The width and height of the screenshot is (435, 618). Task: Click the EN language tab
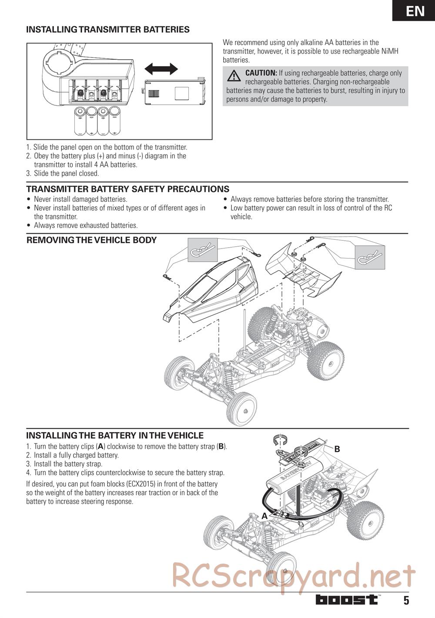[x=415, y=11]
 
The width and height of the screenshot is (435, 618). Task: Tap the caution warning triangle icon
[x=234, y=76]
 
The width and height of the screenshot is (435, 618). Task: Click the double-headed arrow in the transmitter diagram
[x=161, y=69]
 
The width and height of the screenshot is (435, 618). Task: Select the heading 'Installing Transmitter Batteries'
[x=108, y=30]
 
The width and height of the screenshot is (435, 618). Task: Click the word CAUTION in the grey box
[x=261, y=73]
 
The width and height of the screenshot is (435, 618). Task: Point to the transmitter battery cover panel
[x=174, y=91]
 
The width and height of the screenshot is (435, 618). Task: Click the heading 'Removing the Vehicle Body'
[x=91, y=240]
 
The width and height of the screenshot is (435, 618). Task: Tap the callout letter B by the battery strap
[x=337, y=449]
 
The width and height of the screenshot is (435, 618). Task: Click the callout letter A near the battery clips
[x=264, y=516]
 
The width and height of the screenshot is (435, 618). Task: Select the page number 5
[x=406, y=601]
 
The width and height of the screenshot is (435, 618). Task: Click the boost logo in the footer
[x=347, y=600]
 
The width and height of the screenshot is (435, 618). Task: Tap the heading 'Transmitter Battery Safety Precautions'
[x=127, y=189]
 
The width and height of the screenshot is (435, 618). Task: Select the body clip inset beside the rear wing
[x=370, y=257]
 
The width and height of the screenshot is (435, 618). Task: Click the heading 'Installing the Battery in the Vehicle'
[x=115, y=436]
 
